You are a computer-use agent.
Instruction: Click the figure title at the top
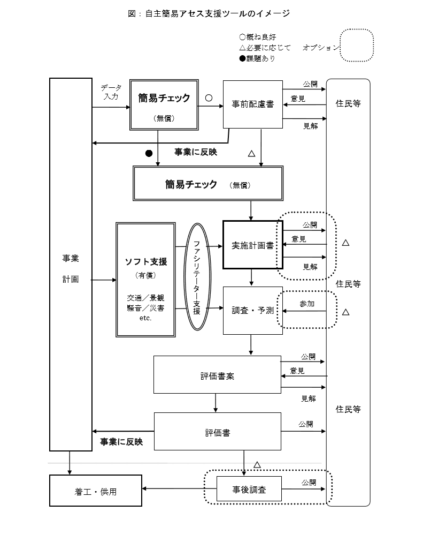(209, 13)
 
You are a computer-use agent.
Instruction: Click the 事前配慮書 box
(252, 104)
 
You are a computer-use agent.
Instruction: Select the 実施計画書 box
(252, 245)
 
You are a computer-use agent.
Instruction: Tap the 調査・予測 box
(252, 311)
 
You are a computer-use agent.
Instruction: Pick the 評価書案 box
(217, 375)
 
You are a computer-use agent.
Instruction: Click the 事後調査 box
(249, 488)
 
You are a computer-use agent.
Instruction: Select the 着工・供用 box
(96, 490)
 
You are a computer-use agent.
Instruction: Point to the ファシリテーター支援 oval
(197, 276)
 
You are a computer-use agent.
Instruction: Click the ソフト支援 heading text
(145, 261)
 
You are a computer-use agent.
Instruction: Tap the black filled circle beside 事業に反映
(149, 153)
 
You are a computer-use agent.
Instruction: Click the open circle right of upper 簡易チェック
(209, 99)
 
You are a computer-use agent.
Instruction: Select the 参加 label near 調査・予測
(307, 304)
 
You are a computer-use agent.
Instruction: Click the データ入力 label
(111, 92)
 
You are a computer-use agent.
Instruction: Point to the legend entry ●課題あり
(257, 58)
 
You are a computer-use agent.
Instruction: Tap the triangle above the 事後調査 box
(257, 464)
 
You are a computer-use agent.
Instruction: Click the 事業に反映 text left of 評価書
(121, 441)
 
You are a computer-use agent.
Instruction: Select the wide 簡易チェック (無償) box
(208, 184)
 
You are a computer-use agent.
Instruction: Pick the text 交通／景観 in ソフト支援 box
(145, 298)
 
